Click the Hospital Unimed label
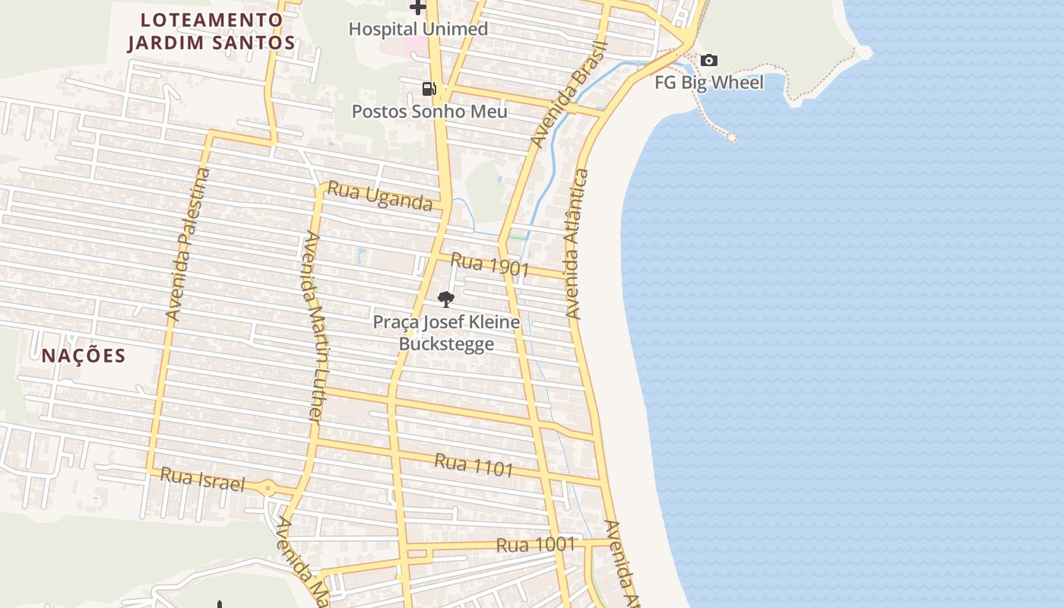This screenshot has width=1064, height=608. pyautogui.click(x=418, y=30)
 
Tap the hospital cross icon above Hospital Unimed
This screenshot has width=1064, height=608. pyautogui.click(x=417, y=8)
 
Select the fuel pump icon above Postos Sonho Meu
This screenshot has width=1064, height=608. pyautogui.click(x=429, y=89)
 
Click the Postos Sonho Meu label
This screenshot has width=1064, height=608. pyautogui.click(x=429, y=111)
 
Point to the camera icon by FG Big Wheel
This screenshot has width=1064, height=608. pyautogui.click(x=708, y=60)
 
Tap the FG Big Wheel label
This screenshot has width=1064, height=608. pyautogui.click(x=709, y=82)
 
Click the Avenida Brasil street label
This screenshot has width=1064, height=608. pyautogui.click(x=570, y=94)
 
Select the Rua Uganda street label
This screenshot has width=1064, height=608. pyautogui.click(x=380, y=196)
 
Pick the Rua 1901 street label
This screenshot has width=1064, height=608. pyautogui.click(x=489, y=264)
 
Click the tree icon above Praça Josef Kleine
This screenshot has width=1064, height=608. pyautogui.click(x=446, y=299)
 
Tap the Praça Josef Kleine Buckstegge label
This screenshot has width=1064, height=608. pyautogui.click(x=446, y=333)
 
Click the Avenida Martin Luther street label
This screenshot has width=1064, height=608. pyautogui.click(x=312, y=327)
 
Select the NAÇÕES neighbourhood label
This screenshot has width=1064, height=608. pyautogui.click(x=84, y=356)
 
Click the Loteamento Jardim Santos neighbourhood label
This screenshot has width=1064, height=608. pyautogui.click(x=211, y=31)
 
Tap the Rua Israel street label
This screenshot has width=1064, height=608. pyautogui.click(x=203, y=480)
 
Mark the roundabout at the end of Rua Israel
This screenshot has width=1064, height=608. pyautogui.click(x=268, y=488)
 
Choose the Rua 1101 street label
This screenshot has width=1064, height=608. pyautogui.click(x=474, y=464)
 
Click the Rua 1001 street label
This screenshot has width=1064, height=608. pyautogui.click(x=536, y=545)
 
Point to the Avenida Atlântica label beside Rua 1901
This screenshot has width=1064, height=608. pyautogui.click(x=577, y=243)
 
